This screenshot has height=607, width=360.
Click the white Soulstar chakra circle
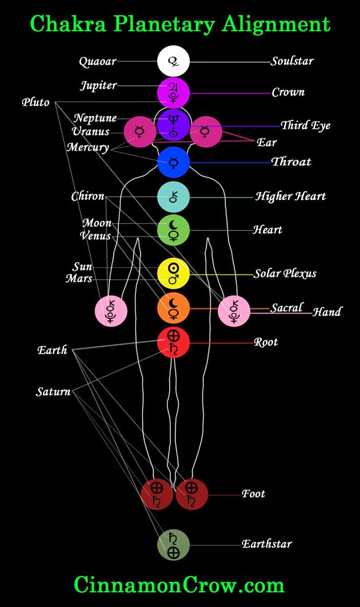(173, 61)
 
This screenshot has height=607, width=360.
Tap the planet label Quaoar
(98, 62)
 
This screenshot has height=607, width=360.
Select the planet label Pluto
(36, 102)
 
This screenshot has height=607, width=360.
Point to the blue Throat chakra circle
(173, 162)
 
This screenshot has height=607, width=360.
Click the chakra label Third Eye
(306, 126)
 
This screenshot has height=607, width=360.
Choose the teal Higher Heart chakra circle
(173, 197)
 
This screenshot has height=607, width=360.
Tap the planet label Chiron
(88, 196)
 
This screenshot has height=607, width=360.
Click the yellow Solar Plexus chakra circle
(173, 274)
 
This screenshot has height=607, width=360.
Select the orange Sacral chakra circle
(173, 308)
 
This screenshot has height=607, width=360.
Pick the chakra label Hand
(327, 312)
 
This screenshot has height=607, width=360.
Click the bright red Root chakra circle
(173, 342)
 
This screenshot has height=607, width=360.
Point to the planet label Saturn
(53, 392)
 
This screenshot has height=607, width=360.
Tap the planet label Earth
(52, 350)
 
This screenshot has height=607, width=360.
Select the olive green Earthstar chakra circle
(173, 545)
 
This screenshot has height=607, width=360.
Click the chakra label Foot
(253, 494)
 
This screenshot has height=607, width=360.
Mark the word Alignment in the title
(276, 24)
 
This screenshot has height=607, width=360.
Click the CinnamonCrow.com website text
(179, 584)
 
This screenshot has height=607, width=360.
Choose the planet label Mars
(79, 278)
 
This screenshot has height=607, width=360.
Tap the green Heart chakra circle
(173, 230)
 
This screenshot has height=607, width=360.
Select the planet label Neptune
(95, 118)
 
